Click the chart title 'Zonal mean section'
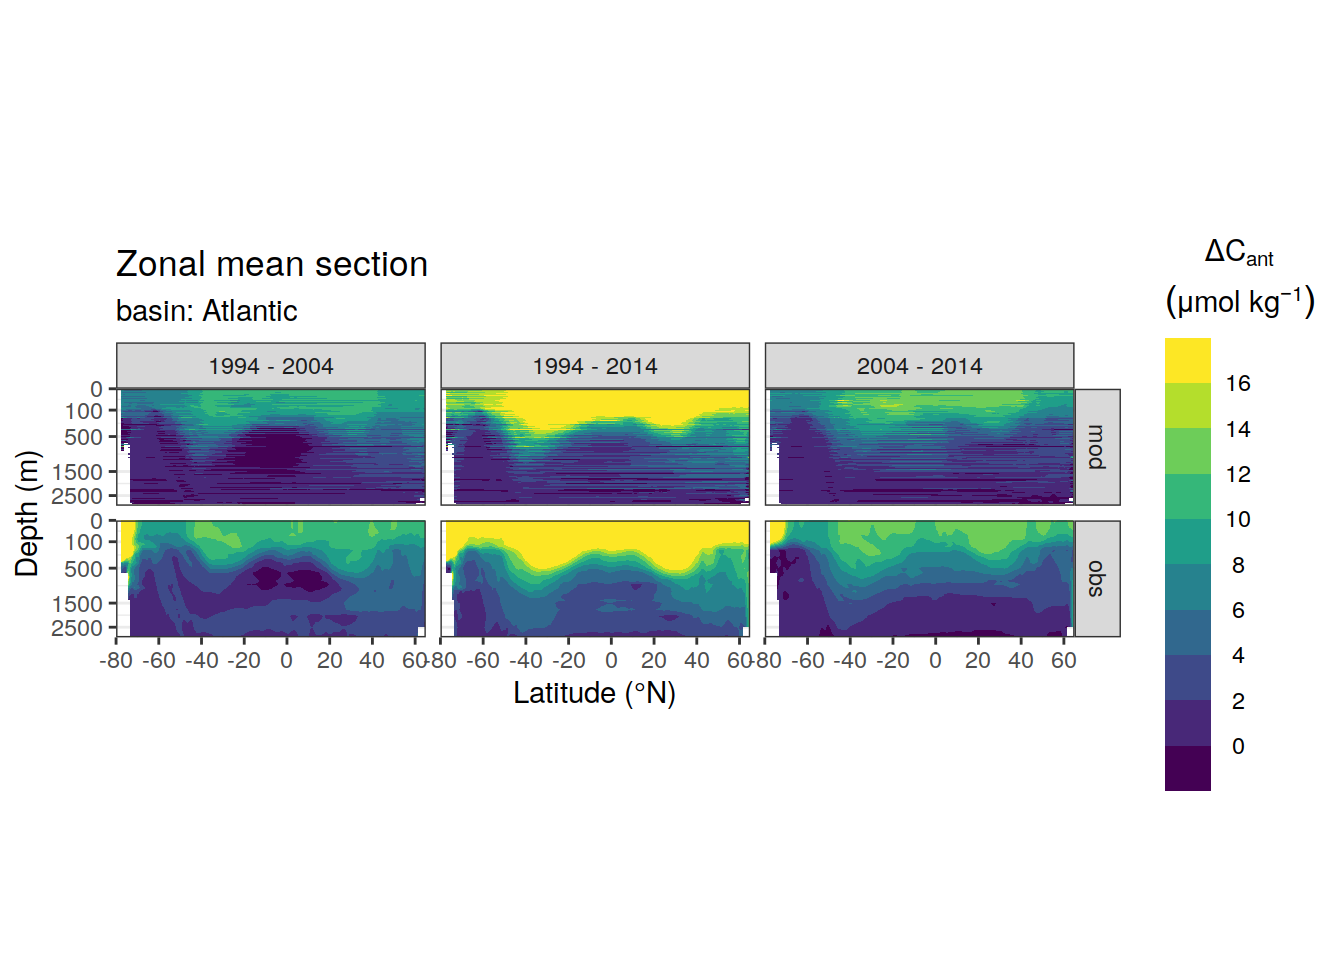tap(271, 265)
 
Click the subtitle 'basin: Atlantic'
tap(206, 311)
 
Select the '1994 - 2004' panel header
tap(271, 366)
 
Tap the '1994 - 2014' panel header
tap(595, 366)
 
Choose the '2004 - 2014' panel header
tap(919, 366)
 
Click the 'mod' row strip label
tap(1097, 447)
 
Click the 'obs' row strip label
tap(1097, 579)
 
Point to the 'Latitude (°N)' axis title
tap(595, 694)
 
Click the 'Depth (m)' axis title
tap(27, 514)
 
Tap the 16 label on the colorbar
tap(1238, 383)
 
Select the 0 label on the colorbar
tap(1238, 746)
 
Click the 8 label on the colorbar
tap(1238, 565)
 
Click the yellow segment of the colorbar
tap(1187, 361)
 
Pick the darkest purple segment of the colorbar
tap(1187, 769)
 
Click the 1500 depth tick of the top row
tap(77, 472)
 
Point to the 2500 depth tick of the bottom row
tap(77, 628)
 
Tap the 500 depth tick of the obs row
tap(83, 569)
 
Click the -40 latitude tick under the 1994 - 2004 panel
tap(202, 661)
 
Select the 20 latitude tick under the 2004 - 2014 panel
tap(977, 661)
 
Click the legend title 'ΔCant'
tap(1238, 253)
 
